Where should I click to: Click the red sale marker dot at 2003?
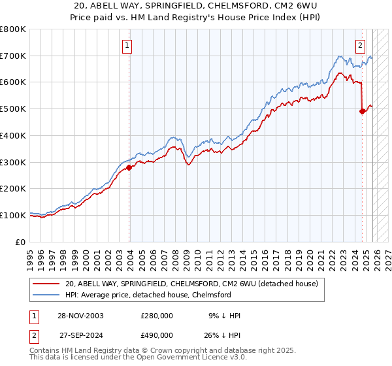129,167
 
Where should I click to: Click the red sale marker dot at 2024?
362,111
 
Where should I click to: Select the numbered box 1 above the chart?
127,46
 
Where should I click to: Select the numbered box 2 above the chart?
360,46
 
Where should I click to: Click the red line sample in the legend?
46,284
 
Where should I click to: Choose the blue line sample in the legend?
46,295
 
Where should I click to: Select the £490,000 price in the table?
157,335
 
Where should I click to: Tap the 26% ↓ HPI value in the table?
221,335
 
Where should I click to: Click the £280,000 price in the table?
157,316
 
